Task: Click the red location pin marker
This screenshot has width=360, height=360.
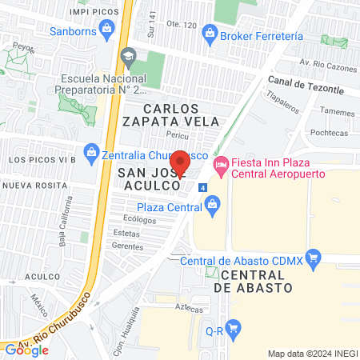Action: click(x=180, y=163)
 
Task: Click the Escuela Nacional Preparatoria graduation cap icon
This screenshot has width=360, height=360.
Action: click(x=126, y=56)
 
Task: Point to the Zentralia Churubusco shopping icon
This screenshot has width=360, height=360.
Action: click(x=91, y=153)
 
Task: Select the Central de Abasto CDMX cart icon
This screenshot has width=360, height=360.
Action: click(x=313, y=258)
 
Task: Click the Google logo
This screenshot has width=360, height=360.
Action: click(x=26, y=349)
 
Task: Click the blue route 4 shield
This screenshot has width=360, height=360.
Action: click(x=203, y=187)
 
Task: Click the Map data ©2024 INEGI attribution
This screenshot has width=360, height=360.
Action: click(x=310, y=353)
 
